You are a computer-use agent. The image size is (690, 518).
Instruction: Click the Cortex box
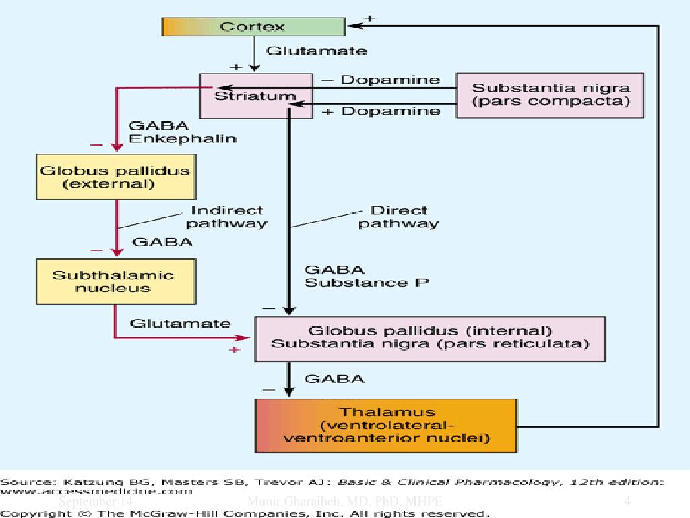(x=253, y=27)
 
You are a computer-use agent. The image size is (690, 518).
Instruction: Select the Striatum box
(x=256, y=96)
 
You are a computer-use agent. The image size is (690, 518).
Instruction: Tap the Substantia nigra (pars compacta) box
(x=551, y=95)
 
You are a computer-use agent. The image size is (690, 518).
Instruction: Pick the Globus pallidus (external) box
(x=115, y=177)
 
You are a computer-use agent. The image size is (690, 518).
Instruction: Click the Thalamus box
(x=386, y=425)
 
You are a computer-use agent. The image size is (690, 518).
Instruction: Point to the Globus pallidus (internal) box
(x=429, y=338)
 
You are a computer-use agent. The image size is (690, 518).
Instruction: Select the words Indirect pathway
(x=226, y=217)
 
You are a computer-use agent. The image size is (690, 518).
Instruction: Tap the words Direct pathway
(x=399, y=217)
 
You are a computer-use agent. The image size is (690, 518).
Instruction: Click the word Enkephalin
(x=182, y=139)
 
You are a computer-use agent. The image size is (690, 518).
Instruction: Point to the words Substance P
(x=366, y=283)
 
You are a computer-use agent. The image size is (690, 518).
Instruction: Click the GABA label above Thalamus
(x=335, y=379)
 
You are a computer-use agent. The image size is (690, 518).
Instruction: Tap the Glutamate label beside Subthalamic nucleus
(x=180, y=324)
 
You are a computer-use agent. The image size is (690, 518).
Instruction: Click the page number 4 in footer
(x=627, y=501)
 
